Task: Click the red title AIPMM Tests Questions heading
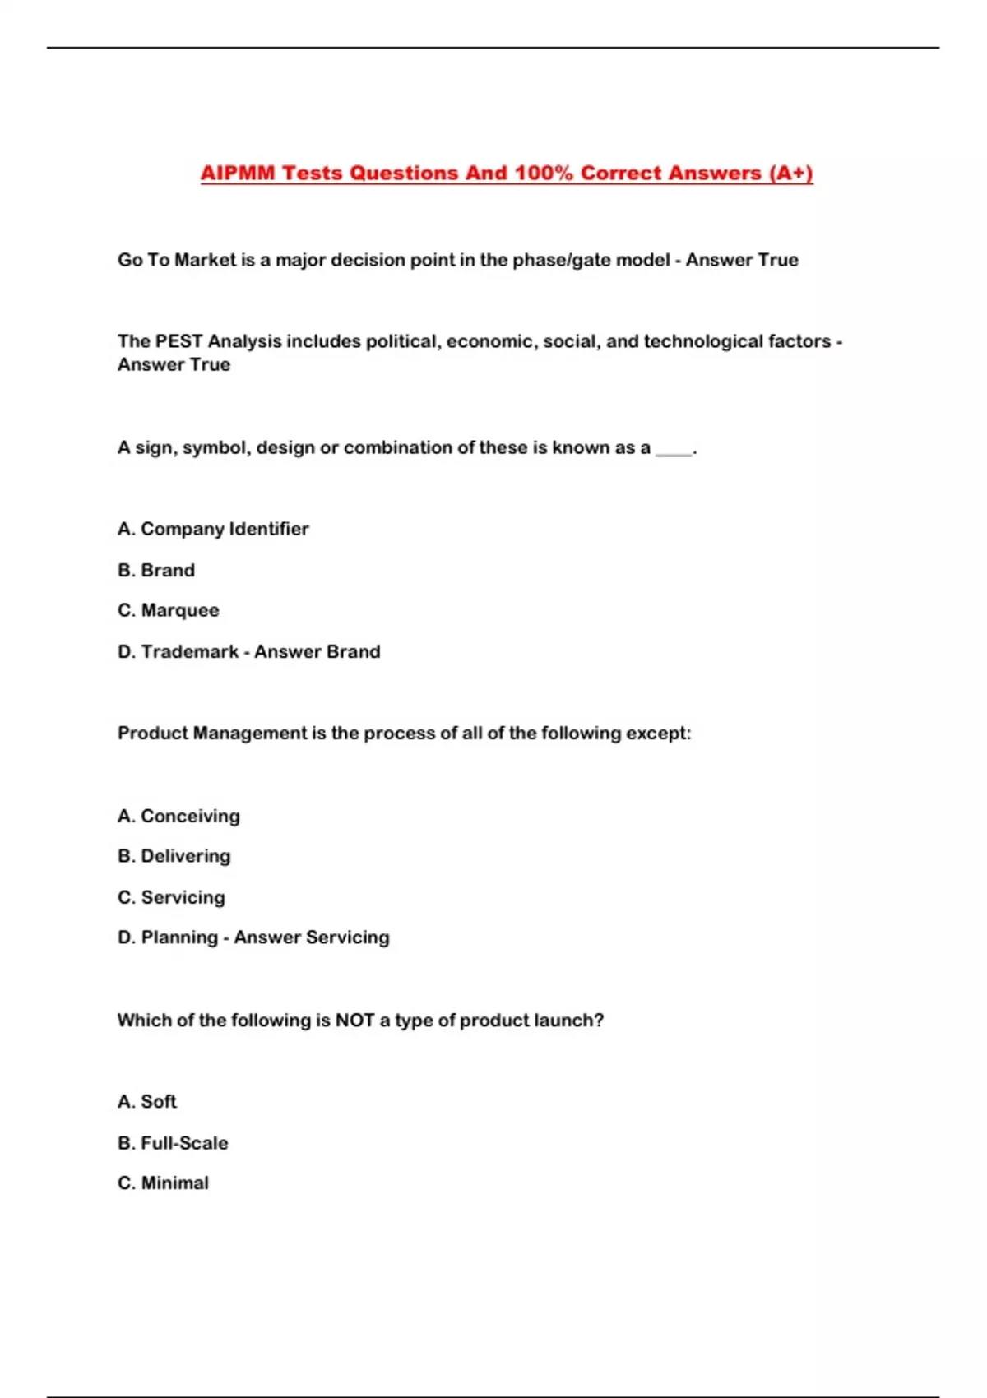pyautogui.click(x=507, y=174)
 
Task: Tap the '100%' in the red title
pyautogui.click(x=543, y=174)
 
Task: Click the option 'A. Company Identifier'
pyautogui.click(x=213, y=529)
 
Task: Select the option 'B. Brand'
pyautogui.click(x=156, y=570)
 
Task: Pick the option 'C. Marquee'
pyautogui.click(x=169, y=610)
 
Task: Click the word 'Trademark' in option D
pyautogui.click(x=189, y=651)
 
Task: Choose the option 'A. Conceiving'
pyautogui.click(x=178, y=816)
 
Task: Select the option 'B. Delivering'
pyautogui.click(x=174, y=856)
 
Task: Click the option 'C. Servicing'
pyautogui.click(x=171, y=897)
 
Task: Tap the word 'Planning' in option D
pyautogui.click(x=179, y=937)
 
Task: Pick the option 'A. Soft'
pyautogui.click(x=147, y=1101)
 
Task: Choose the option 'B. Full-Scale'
pyautogui.click(x=173, y=1142)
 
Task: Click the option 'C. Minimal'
pyautogui.click(x=163, y=1183)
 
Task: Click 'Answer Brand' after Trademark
pyautogui.click(x=317, y=651)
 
